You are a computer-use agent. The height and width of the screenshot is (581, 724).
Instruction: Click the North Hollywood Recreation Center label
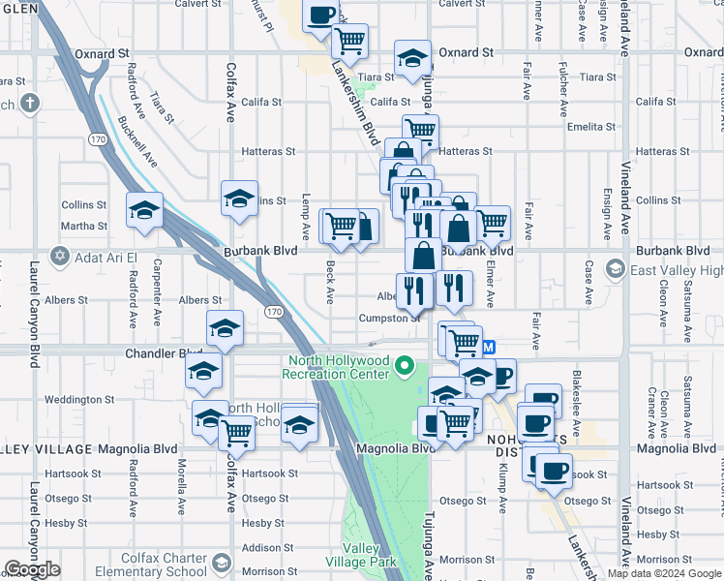[x=337, y=367]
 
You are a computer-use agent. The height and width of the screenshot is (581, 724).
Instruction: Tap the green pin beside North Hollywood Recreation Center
[x=407, y=367]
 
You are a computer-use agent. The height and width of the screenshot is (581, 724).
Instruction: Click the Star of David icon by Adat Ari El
[x=60, y=256]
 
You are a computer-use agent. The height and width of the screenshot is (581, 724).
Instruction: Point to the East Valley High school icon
[x=614, y=267]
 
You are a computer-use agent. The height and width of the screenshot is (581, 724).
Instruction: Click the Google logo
[x=32, y=569]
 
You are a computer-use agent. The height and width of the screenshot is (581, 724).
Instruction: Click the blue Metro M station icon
[x=488, y=347]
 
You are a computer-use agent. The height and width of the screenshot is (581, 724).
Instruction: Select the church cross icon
[x=30, y=102]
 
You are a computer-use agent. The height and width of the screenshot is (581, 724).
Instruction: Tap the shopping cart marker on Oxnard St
[x=349, y=41]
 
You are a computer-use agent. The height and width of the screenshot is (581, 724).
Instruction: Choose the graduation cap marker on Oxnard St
[x=412, y=57]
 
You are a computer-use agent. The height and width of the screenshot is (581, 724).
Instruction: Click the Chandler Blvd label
[x=165, y=354]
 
